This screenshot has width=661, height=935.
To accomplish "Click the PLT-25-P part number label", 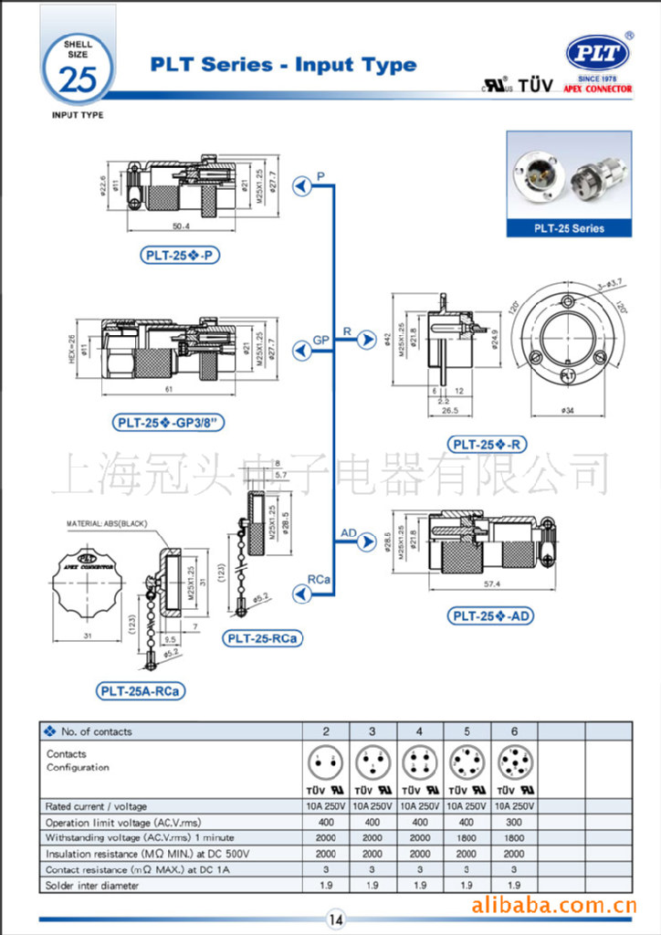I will [181, 255].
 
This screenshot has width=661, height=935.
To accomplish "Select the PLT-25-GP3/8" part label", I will [169, 422].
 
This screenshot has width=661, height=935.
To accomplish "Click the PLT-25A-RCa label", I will [141, 691].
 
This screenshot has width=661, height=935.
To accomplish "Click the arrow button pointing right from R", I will [366, 340].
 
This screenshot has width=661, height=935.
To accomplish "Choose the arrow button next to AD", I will [366, 542].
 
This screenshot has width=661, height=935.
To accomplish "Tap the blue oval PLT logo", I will [598, 54].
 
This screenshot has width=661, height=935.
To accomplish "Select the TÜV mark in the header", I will [536, 87].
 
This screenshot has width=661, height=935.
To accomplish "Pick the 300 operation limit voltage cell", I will [514, 822].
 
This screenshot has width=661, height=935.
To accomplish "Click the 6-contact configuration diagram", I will [514, 761].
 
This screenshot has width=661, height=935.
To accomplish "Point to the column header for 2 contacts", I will [326, 730].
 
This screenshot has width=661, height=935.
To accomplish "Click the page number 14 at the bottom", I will [335, 919].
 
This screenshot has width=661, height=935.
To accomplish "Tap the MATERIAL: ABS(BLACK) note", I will [106, 524].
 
